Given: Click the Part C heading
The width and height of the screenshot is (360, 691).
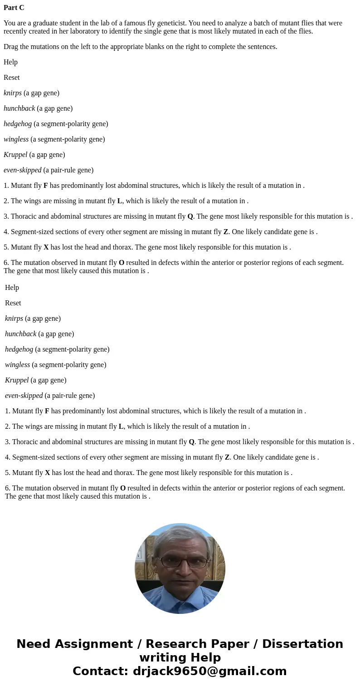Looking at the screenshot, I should click(14, 8).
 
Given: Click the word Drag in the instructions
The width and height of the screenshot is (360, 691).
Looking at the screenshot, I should click(11, 47).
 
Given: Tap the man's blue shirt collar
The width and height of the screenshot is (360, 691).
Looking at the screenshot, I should click(180, 599).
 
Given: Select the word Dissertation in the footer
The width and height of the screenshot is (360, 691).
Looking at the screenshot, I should click(302, 644).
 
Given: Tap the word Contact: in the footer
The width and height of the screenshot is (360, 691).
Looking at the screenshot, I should click(100, 671).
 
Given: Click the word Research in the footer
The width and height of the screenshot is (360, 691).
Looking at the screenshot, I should click(177, 644).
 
